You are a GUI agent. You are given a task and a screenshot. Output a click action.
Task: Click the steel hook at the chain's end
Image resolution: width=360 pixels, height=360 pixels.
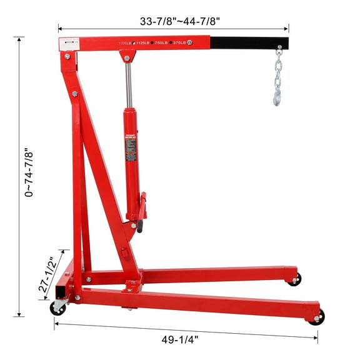(x=276, y=96)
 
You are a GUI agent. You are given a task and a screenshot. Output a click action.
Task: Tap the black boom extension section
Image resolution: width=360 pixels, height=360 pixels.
(x=249, y=44)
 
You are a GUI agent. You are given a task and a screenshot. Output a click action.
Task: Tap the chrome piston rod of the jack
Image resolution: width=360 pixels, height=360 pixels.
(x=129, y=85)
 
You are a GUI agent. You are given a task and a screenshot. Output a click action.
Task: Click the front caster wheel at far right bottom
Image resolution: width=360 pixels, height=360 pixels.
(x=317, y=317)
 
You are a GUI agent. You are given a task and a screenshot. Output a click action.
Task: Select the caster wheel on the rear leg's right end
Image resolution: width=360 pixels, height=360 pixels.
(x=294, y=279)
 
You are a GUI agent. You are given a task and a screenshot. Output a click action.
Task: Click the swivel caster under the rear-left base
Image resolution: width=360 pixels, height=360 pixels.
(x=58, y=307)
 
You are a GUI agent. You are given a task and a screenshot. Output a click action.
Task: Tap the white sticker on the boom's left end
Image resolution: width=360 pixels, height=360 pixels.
(x=64, y=42)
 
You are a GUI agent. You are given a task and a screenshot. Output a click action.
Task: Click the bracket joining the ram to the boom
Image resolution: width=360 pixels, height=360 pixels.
(x=127, y=57)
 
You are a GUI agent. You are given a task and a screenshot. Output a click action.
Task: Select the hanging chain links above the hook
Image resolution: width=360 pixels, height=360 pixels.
(x=278, y=72)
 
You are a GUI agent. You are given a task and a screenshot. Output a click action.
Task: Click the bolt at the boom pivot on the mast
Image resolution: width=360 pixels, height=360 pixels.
(x=67, y=56)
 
